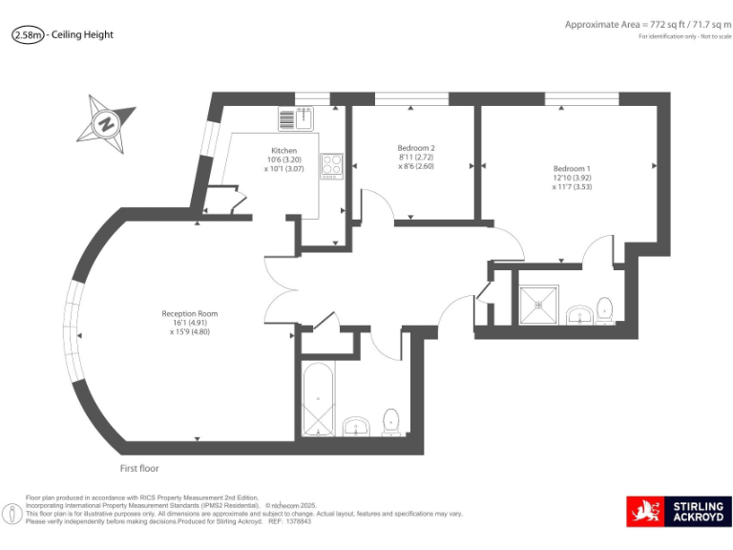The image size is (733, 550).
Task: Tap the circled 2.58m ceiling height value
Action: tap(28, 34)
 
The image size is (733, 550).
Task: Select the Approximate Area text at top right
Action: tap(647, 24)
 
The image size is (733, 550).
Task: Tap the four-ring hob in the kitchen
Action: tap(331, 165)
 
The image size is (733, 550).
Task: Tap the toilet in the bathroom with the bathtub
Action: tap(390, 421)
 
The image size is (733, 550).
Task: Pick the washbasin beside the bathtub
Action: tap(356, 424)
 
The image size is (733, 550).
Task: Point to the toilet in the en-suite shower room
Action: tap(603, 308)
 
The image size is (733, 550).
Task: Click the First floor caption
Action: tap(139, 469)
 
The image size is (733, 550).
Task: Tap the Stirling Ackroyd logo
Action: tap(679, 512)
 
